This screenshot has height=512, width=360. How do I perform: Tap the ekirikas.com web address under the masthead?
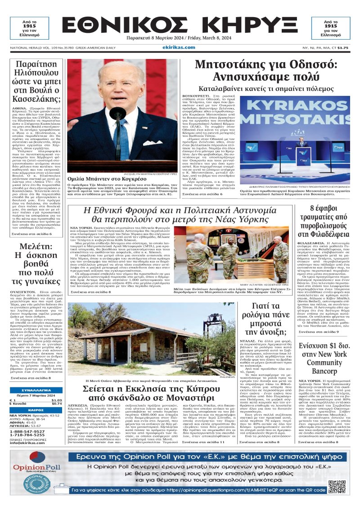pyautogui.click(x=180, y=47)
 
